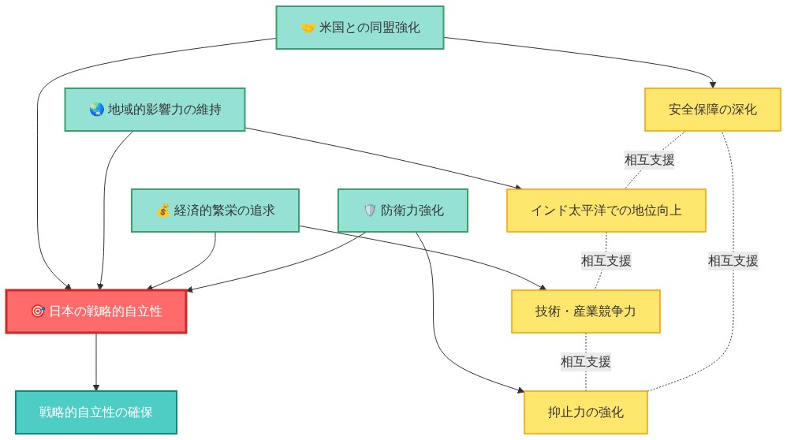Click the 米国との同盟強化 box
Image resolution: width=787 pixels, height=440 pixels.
360,28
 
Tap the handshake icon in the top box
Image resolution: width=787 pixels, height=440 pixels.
308,28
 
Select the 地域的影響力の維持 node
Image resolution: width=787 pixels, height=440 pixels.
155,109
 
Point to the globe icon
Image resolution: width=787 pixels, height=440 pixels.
97,110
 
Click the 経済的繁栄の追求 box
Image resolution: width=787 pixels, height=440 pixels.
214,210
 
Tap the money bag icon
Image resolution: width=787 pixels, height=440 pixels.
162,211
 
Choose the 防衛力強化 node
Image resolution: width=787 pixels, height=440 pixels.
402,210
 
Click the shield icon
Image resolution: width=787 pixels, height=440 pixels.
369,211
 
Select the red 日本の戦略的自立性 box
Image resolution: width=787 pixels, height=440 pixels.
96,311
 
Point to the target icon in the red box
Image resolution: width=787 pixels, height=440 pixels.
37,311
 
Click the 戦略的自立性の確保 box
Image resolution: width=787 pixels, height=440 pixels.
96,412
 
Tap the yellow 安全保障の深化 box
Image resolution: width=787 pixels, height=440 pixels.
712,109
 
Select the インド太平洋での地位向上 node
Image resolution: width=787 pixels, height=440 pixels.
606,210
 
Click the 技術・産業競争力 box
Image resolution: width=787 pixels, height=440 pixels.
585,311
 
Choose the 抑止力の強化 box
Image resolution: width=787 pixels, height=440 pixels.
585,412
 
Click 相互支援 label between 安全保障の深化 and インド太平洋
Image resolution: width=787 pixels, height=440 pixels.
649,159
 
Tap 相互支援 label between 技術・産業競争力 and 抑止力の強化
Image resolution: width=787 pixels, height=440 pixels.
585,362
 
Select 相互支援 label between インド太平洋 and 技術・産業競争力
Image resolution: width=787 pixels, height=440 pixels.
606,260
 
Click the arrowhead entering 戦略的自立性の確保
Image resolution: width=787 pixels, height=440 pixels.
96,386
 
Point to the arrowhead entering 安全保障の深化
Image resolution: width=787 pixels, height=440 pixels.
713,84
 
